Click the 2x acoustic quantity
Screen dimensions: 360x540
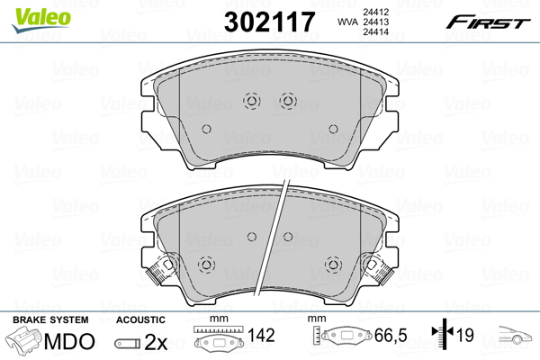pos(155,342)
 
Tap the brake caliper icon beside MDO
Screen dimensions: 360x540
pos(24,342)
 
